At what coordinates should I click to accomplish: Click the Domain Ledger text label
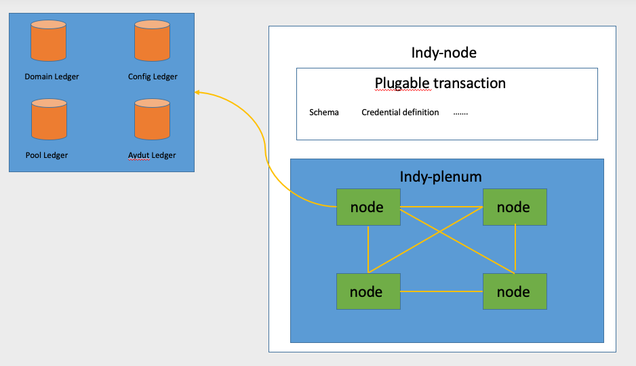point(52,77)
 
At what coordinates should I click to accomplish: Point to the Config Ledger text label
point(153,77)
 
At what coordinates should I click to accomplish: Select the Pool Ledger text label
point(47,155)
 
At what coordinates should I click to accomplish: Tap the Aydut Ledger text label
point(152,155)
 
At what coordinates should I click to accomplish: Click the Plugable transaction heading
point(440,83)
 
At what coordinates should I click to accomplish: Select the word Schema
point(323,113)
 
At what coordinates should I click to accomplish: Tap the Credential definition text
point(400,113)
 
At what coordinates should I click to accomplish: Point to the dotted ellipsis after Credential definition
point(460,113)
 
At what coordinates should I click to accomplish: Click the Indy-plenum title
point(441,177)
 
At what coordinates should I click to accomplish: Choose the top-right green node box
point(515,207)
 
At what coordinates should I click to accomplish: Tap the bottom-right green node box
point(515,291)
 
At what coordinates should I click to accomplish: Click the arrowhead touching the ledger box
point(197,91)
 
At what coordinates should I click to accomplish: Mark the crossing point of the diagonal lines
point(441,232)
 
